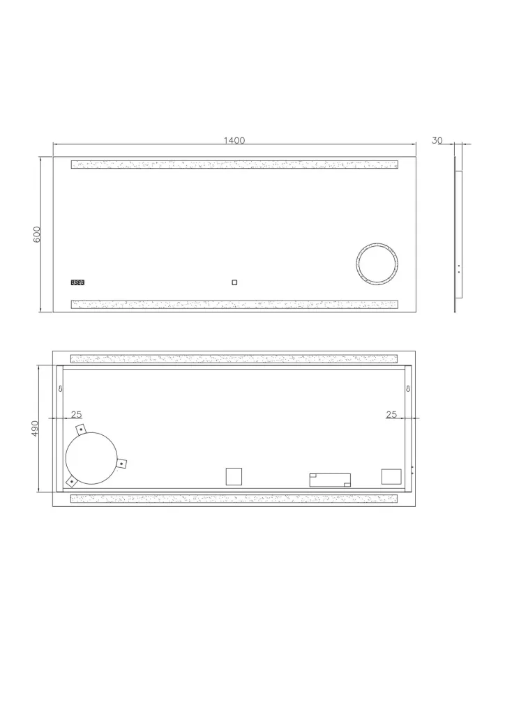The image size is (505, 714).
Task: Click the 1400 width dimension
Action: [x=234, y=140]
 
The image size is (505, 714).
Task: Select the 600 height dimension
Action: [x=38, y=234]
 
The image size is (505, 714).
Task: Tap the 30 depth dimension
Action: [x=437, y=141]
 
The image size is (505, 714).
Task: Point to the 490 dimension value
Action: [x=35, y=429]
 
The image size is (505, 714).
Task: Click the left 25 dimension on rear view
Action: [x=77, y=414]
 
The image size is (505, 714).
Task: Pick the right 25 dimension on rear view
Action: [x=391, y=414]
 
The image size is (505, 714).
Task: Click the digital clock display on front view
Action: [x=77, y=282]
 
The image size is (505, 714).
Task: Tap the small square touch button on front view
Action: [x=234, y=282]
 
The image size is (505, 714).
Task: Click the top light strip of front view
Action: [x=234, y=165]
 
